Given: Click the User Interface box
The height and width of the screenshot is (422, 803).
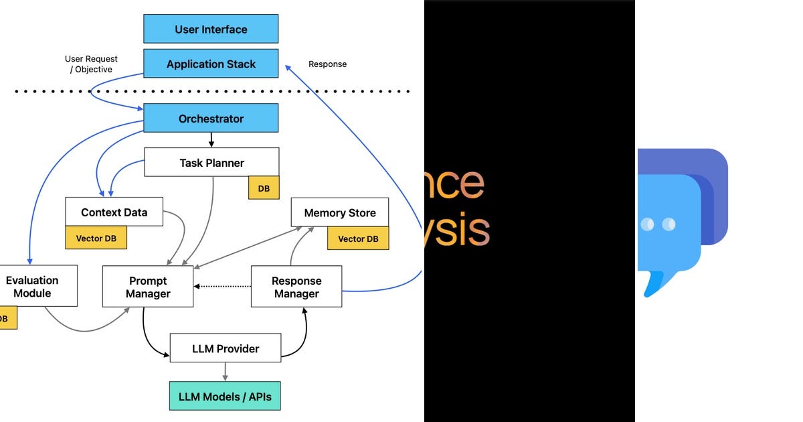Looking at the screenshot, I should click(x=211, y=29).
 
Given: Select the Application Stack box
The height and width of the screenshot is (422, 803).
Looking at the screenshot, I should click(x=211, y=64).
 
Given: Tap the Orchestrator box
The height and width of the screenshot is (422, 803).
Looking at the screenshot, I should click(x=211, y=119).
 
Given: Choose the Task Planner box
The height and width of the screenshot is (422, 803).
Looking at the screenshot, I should click(x=211, y=163).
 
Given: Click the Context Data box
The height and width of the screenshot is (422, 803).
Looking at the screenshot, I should click(x=114, y=212).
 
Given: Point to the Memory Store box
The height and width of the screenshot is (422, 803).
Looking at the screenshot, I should click(x=339, y=212).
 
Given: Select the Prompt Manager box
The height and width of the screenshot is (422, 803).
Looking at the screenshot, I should click(x=148, y=287).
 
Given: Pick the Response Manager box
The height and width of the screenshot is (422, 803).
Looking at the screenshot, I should click(x=296, y=287).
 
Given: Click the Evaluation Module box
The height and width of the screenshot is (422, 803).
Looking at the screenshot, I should click(x=33, y=286).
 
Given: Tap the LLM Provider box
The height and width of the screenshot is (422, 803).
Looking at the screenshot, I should click(x=225, y=348).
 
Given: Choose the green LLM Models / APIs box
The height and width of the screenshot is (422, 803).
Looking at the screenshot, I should click(x=225, y=397).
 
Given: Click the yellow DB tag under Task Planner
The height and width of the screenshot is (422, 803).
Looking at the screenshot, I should click(x=264, y=188).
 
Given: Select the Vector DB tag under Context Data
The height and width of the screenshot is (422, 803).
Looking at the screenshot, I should click(x=96, y=238).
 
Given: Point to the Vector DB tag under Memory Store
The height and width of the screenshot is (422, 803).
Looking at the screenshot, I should click(x=358, y=238).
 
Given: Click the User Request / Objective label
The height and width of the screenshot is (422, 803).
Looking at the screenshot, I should click(x=91, y=64).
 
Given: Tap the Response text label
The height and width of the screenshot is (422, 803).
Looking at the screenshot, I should click(x=327, y=64).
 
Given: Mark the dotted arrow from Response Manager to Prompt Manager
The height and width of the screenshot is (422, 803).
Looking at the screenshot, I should click(x=223, y=287).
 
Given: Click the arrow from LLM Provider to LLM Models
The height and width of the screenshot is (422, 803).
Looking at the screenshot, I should click(x=225, y=372).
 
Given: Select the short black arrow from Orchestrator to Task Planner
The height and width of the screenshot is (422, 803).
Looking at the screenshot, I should click(x=211, y=140).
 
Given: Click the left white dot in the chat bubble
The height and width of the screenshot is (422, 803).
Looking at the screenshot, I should click(x=647, y=224).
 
